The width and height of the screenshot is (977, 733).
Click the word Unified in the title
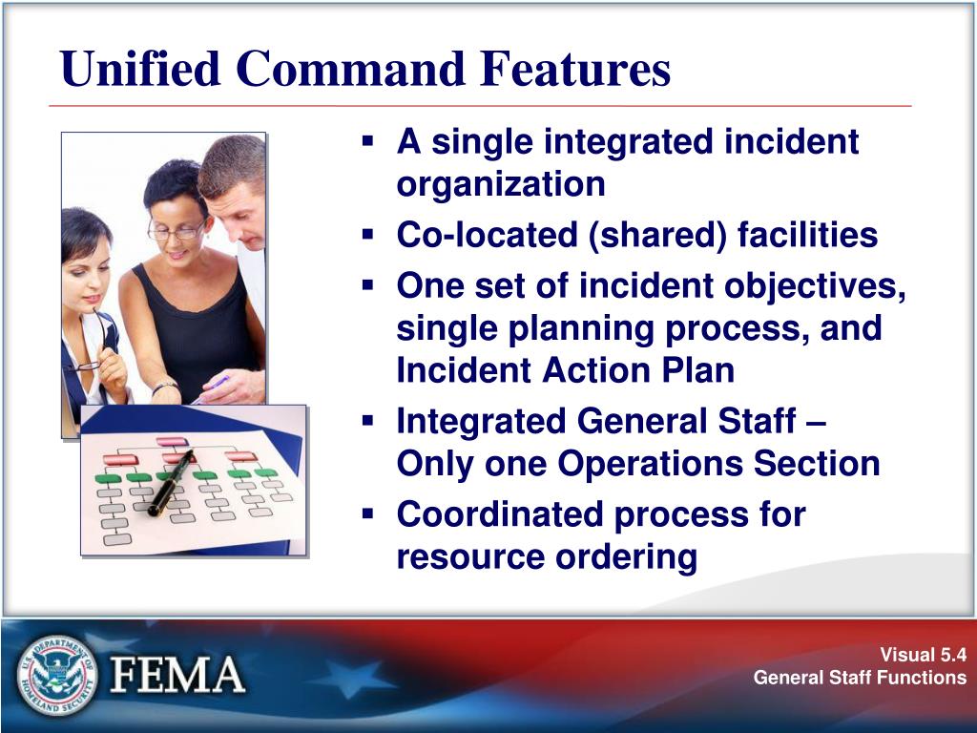140,69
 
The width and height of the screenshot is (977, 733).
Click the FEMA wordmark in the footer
178,676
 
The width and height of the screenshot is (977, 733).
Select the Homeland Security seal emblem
56,676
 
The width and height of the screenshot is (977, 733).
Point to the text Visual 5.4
923,655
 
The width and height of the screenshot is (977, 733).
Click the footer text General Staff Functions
860,678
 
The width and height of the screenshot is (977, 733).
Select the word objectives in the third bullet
815,285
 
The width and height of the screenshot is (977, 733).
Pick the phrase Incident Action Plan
566,370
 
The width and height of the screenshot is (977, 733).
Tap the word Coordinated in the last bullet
501,514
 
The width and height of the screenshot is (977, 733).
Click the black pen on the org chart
172,482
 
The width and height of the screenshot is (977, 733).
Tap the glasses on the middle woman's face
177,230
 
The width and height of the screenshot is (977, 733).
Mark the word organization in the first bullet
501,184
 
